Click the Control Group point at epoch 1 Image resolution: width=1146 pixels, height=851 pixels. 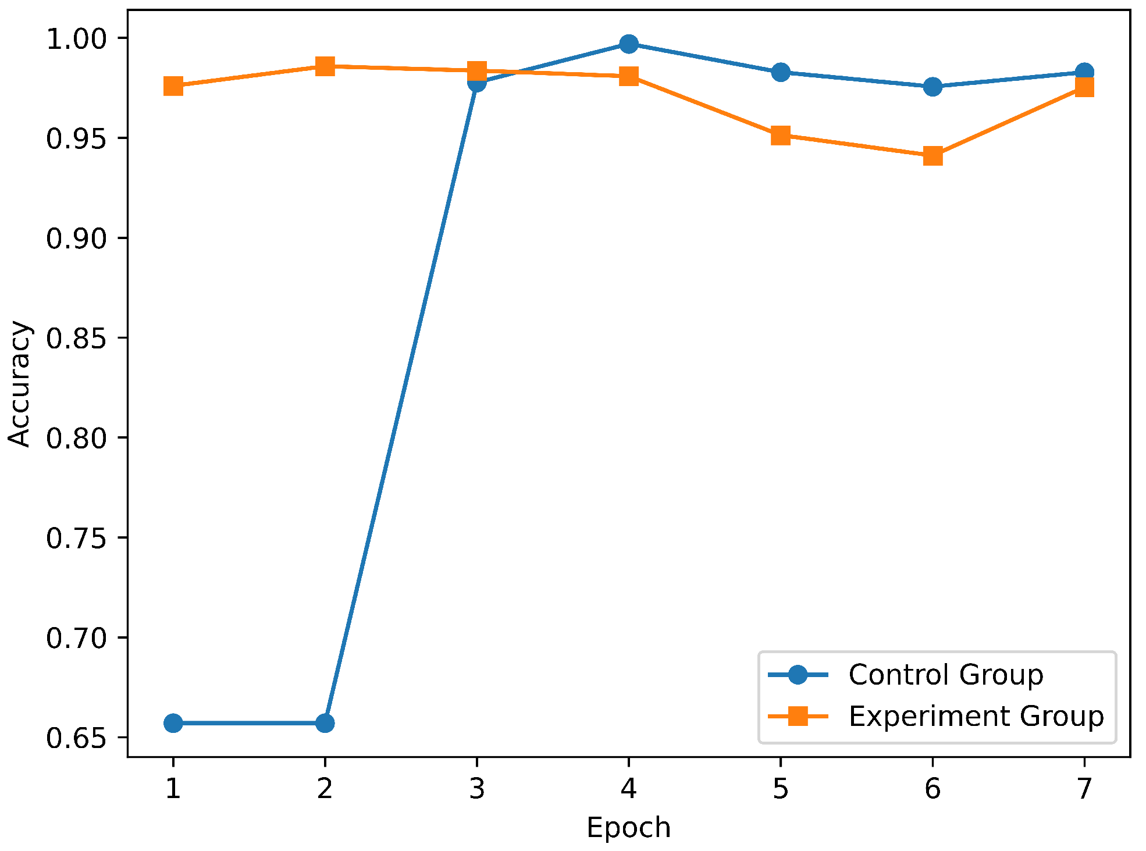pos(173,723)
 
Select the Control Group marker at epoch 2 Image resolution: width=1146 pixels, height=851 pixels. pos(325,723)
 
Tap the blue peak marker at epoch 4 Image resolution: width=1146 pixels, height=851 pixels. pos(628,44)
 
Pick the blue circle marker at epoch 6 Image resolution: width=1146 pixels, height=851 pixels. pos(933,87)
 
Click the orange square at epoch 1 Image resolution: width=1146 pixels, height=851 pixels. pos(173,86)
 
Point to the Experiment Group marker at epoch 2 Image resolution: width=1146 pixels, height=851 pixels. pos(325,66)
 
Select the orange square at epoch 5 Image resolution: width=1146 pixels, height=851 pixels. pos(780,136)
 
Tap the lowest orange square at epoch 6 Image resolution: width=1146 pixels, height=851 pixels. pos(933,156)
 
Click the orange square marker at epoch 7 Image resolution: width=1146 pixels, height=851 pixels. pos(1084,87)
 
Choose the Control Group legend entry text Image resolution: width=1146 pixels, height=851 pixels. pos(945,675)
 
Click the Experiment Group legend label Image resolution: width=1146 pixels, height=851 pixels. pos(976,716)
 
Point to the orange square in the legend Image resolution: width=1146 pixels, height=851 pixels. pos(798,716)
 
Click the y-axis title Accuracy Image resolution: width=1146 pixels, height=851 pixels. pos(19,383)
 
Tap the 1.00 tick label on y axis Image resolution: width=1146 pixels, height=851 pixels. pos(77,39)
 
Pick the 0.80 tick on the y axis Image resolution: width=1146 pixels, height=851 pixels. pos(77,438)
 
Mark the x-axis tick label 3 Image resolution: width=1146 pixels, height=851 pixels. pos(476,789)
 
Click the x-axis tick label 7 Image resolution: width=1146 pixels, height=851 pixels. pos(1084,789)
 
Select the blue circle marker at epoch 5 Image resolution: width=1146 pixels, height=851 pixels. pos(780,73)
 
